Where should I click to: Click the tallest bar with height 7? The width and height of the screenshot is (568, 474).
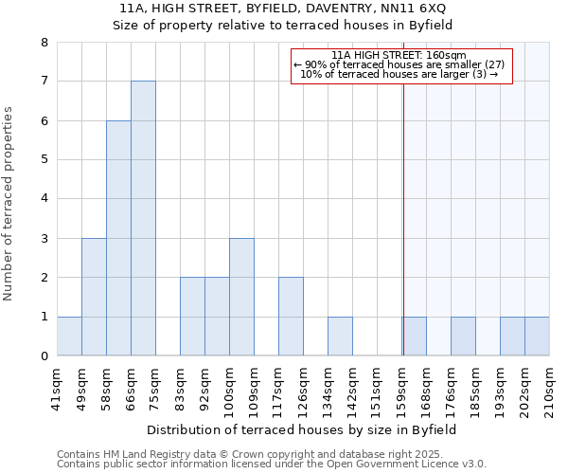143,218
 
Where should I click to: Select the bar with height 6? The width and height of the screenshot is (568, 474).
118,238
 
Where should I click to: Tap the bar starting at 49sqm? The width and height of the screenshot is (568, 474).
94,297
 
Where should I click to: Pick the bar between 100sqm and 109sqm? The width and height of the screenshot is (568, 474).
241,297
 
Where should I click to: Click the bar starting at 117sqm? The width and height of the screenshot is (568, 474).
291,317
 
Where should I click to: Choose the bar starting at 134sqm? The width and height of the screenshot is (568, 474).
340,336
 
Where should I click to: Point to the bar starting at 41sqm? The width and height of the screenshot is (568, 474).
69,336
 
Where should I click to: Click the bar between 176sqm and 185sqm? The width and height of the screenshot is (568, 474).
463,336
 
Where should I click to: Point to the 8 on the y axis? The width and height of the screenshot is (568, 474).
44,43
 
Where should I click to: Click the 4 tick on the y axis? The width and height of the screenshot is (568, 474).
44,199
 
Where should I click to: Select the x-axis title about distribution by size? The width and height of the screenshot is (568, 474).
303,429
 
